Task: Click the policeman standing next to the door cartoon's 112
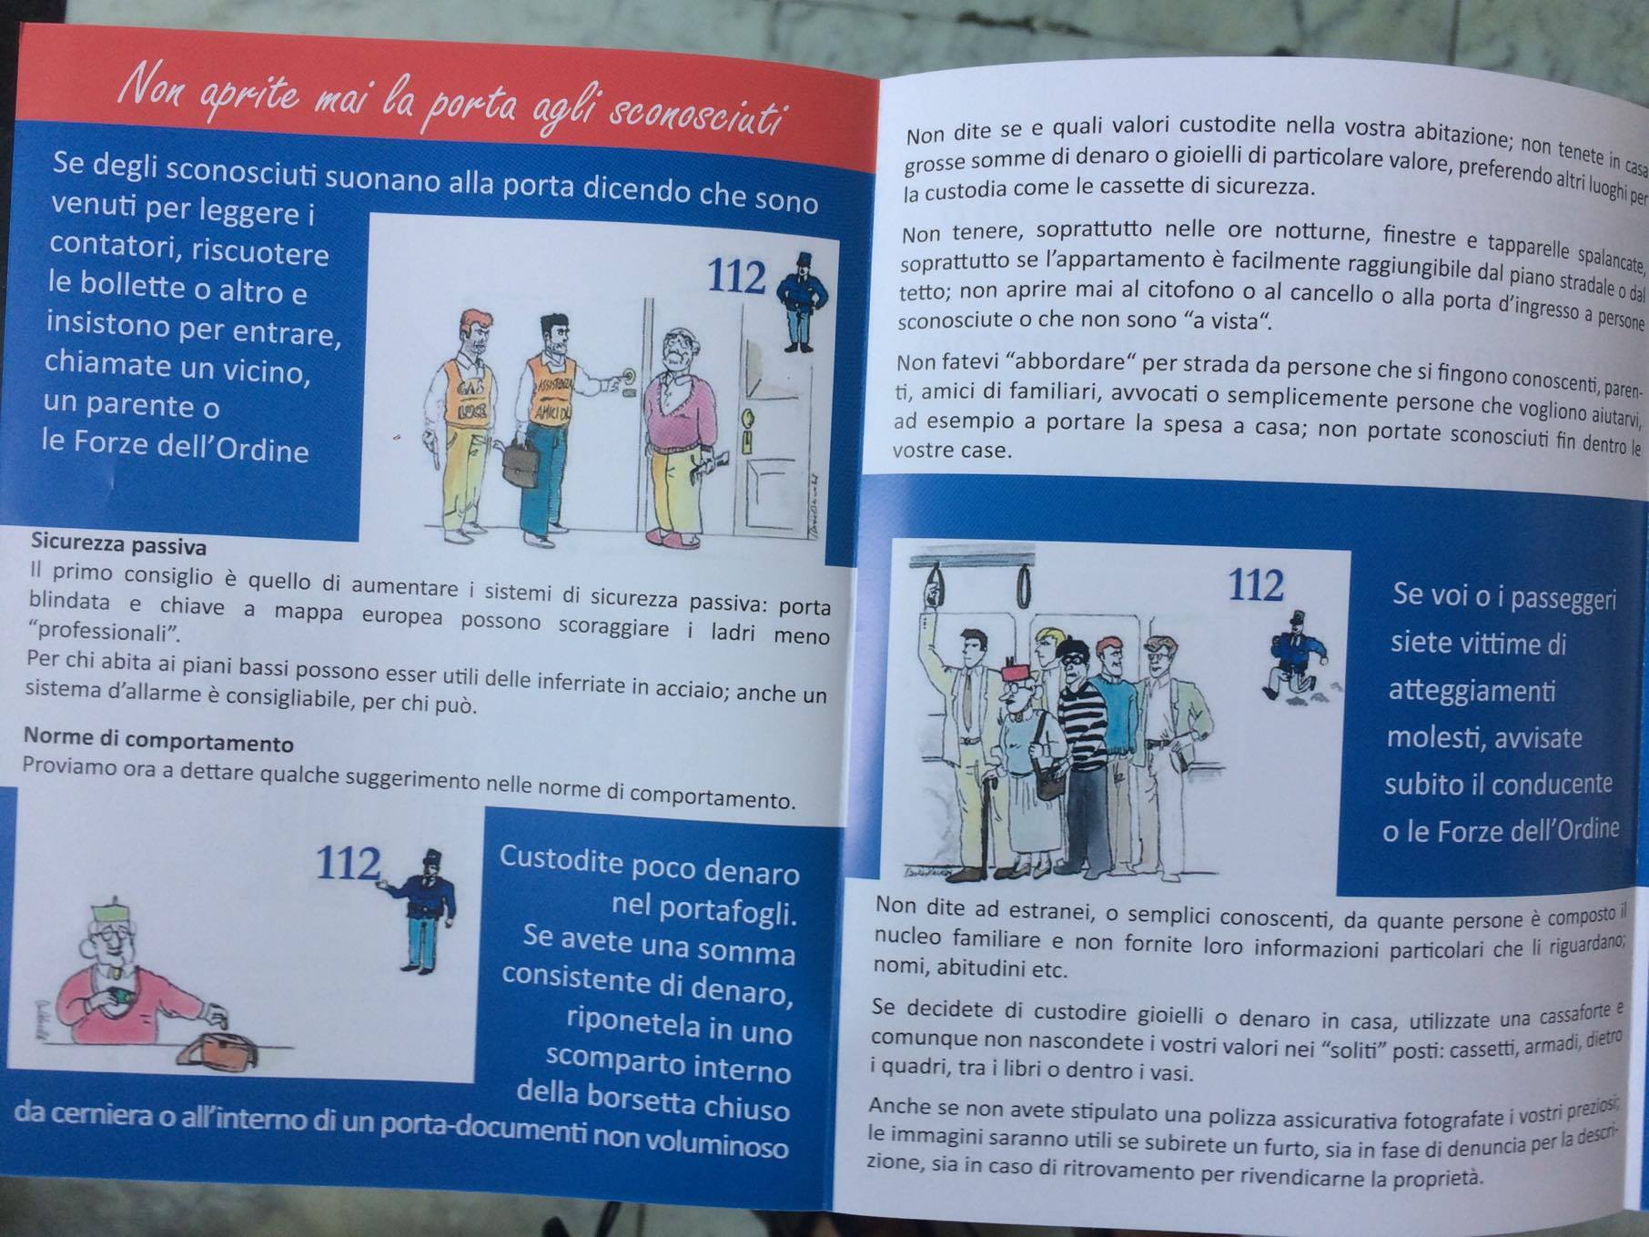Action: pos(803,300)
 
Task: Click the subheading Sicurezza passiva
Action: pos(118,544)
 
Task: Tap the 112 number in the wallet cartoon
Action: pos(348,863)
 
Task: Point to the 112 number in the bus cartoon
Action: pos(1256,585)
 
